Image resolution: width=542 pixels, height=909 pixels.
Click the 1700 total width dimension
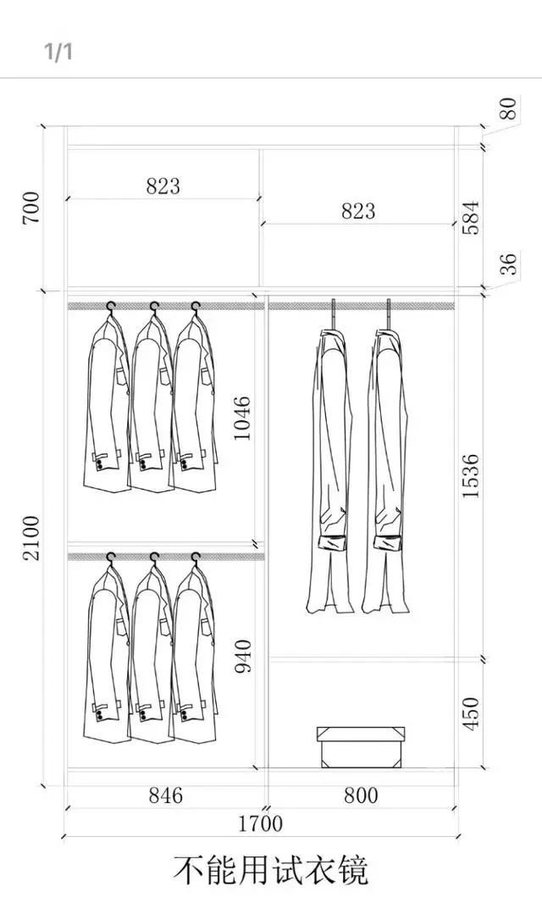[261, 823]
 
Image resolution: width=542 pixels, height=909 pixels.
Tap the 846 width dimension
[166, 795]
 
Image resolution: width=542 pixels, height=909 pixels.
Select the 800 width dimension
[361, 795]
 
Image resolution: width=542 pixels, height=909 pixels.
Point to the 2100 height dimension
[32, 537]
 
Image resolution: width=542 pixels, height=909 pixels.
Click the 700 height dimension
[32, 208]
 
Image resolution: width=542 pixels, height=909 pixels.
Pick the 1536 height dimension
[471, 476]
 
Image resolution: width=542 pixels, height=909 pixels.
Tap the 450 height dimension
[471, 713]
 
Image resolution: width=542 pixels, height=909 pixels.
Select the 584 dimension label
[471, 218]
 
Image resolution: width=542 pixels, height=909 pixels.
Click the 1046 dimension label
[242, 418]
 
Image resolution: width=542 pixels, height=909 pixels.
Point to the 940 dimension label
[243, 656]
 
